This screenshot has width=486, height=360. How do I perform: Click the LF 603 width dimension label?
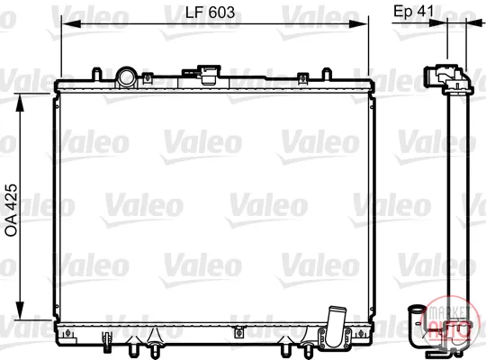[x=210, y=13]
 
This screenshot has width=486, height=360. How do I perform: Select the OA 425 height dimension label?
[x=12, y=211]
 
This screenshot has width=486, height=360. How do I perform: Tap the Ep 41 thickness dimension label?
[x=414, y=11]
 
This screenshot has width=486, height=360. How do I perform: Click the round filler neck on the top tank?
[x=126, y=77]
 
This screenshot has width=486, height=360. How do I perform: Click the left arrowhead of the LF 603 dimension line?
[x=71, y=24]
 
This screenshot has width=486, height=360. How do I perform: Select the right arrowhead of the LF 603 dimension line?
[x=358, y=24]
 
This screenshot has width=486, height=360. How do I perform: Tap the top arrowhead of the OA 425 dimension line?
[x=20, y=103]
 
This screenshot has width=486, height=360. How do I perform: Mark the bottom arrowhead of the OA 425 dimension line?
[x=20, y=310]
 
